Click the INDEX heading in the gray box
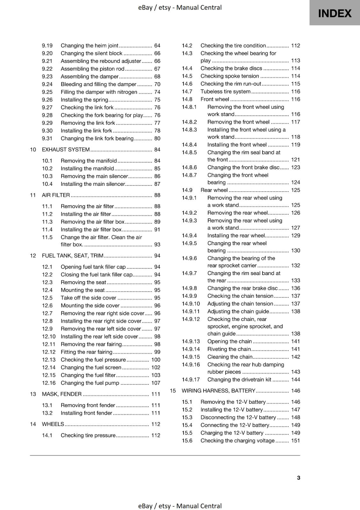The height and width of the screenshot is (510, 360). (x=335, y=13)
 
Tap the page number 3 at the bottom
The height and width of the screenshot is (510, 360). (x=298, y=477)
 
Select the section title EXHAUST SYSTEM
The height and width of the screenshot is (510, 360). (x=66, y=149)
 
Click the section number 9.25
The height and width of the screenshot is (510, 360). (x=47, y=92)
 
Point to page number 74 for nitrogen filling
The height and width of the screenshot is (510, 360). (x=157, y=92)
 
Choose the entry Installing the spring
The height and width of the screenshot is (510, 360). (x=84, y=99)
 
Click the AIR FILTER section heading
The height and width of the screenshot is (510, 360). (x=56, y=195)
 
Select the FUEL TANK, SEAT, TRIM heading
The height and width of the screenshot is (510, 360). (x=73, y=256)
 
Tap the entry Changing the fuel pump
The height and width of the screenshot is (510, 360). (x=90, y=383)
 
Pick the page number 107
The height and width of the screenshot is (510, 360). (x=155, y=383)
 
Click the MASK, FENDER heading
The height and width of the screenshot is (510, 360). (x=62, y=394)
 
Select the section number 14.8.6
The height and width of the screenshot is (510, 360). (x=189, y=167)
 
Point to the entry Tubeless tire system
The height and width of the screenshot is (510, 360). (x=225, y=91)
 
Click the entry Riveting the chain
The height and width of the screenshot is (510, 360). (x=229, y=349)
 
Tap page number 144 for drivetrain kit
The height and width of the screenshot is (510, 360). (x=295, y=379)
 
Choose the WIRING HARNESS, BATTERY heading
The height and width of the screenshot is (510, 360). (x=218, y=390)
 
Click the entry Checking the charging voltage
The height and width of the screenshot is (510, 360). (x=237, y=441)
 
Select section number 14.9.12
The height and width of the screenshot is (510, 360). (x=191, y=319)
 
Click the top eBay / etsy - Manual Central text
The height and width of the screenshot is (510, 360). (x=180, y=7)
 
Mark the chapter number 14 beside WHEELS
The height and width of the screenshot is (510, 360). (x=33, y=424)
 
